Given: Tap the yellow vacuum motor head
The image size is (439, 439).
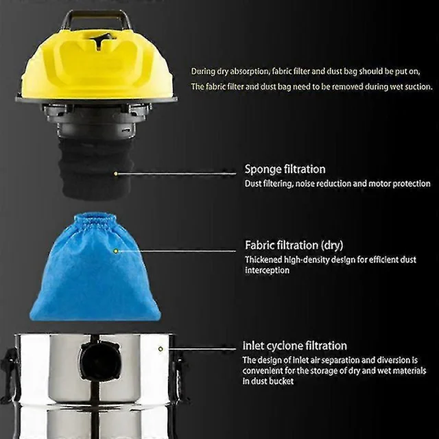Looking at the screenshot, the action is click(97, 64).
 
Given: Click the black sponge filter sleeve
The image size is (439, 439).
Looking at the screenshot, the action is click(96, 168).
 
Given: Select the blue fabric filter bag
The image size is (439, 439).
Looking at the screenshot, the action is click(95, 269).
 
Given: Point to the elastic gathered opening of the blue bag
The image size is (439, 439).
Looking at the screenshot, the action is click(95, 222).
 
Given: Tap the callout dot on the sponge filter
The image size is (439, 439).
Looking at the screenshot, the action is click(116, 174).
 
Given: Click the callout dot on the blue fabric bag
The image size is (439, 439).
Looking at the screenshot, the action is click(116, 251).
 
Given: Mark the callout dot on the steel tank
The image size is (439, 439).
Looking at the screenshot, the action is click(161, 349).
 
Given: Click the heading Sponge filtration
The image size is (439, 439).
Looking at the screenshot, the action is click(285, 169).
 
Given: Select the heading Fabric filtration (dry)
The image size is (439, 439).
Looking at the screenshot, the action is click(294, 246).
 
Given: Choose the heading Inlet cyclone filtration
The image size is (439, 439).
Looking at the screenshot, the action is click(294, 346).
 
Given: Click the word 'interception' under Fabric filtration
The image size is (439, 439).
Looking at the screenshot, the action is click(267, 270).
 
